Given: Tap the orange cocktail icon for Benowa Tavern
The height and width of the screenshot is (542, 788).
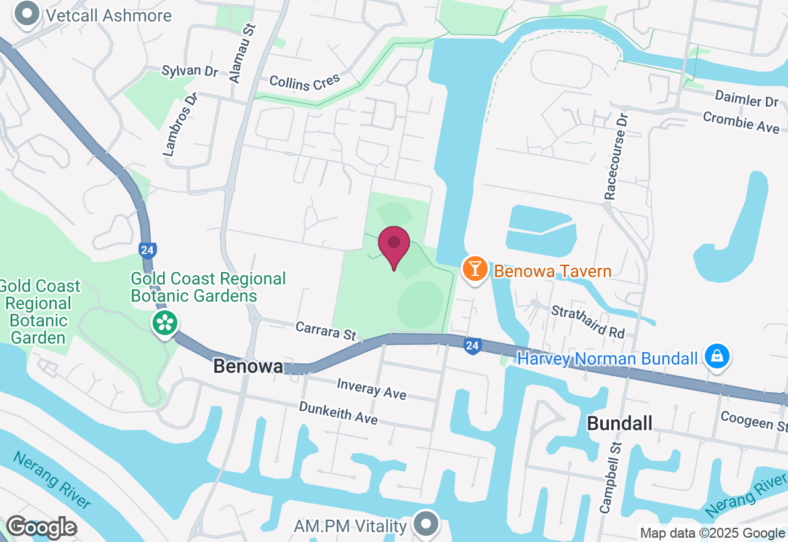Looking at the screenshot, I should pos(475,270).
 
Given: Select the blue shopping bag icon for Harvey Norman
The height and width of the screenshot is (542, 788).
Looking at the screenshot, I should pos(717,357).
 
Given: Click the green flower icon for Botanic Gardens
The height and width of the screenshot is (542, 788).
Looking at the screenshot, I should pos(165,323).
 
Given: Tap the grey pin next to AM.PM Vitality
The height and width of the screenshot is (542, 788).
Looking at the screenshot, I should pos(425,525).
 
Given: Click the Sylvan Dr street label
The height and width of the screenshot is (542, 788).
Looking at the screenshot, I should pos(190,71).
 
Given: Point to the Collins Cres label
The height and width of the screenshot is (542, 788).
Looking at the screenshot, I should pos(305,83).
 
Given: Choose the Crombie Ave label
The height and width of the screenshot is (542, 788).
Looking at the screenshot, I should pos(741,121).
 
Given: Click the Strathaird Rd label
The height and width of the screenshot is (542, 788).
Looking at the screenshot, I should pos(588,322).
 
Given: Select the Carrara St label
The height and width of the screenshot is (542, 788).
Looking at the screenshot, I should pos(326,330).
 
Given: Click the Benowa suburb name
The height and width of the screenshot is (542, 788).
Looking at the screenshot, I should pos(248,366).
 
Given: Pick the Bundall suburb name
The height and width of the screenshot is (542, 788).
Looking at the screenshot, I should pos(619,423).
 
